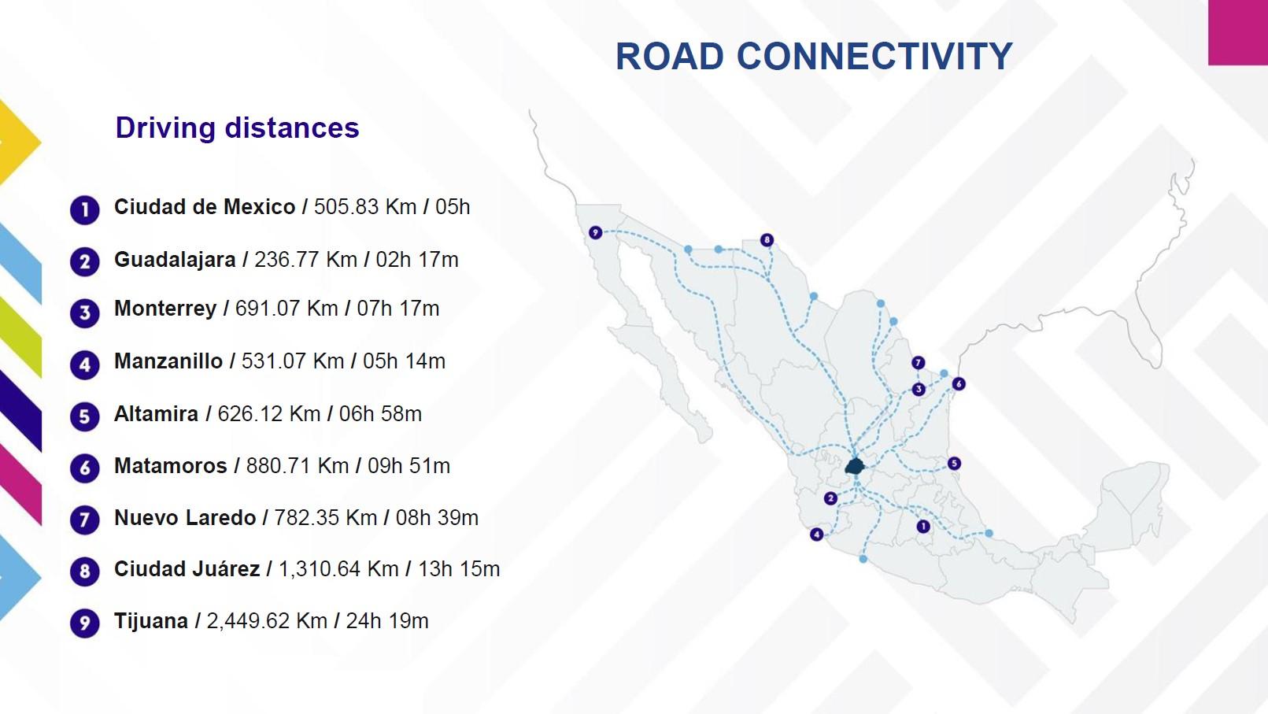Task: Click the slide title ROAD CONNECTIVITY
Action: (x=813, y=57)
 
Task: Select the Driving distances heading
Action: (x=237, y=128)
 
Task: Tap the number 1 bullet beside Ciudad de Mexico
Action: (x=85, y=210)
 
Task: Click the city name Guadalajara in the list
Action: (x=175, y=260)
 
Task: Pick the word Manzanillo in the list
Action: (x=168, y=361)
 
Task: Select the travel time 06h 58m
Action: (x=380, y=414)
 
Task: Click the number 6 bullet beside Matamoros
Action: (x=85, y=468)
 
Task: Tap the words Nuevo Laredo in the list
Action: (x=185, y=518)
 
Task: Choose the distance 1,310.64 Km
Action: (x=338, y=569)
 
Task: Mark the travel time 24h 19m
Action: (x=387, y=621)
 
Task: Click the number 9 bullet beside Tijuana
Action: (x=85, y=623)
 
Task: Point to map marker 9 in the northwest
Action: (x=595, y=232)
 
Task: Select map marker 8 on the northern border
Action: (x=767, y=240)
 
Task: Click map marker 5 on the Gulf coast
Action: (x=954, y=463)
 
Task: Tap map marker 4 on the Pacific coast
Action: (x=817, y=535)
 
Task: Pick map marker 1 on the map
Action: (x=923, y=526)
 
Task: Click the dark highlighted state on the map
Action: (x=855, y=465)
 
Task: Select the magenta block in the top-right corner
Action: (x=1237, y=31)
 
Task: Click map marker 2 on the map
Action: (x=830, y=498)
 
